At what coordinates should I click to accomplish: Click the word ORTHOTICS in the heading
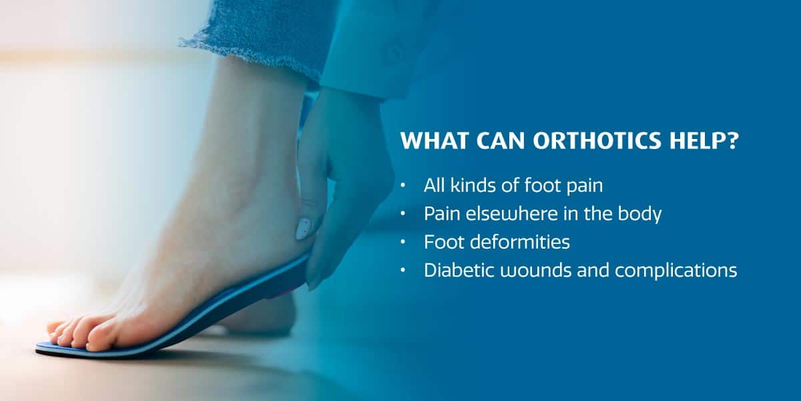(x=597, y=141)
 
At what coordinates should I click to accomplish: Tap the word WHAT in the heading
(x=434, y=141)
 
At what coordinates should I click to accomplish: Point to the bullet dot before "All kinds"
(x=403, y=186)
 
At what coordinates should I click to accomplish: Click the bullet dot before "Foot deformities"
(x=403, y=242)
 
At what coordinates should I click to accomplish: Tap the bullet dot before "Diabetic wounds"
(x=403, y=270)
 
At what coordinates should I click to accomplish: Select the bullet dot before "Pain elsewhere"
(x=403, y=214)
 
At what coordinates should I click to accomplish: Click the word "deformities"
(x=520, y=242)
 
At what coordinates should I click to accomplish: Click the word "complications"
(x=676, y=271)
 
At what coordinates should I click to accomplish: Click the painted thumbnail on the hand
(x=303, y=229)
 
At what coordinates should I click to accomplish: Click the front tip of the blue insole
(x=37, y=346)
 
